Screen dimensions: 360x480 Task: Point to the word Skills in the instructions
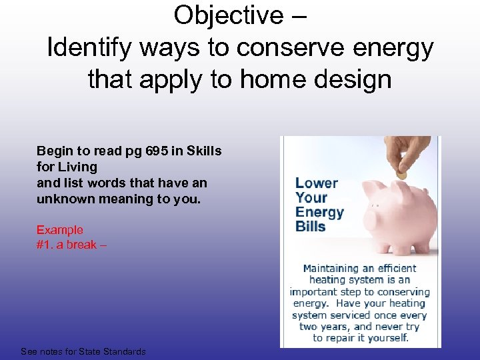pos(202,151)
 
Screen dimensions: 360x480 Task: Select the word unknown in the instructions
pos(65,199)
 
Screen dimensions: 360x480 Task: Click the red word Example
pos(60,230)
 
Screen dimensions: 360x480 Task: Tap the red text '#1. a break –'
pos(71,245)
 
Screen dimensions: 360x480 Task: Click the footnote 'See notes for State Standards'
pos(83,351)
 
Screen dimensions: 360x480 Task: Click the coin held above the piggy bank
pos(401,174)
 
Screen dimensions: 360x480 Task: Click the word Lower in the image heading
pos(317,183)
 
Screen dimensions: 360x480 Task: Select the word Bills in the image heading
pos(311,227)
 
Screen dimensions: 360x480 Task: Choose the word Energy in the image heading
pos(319,212)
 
